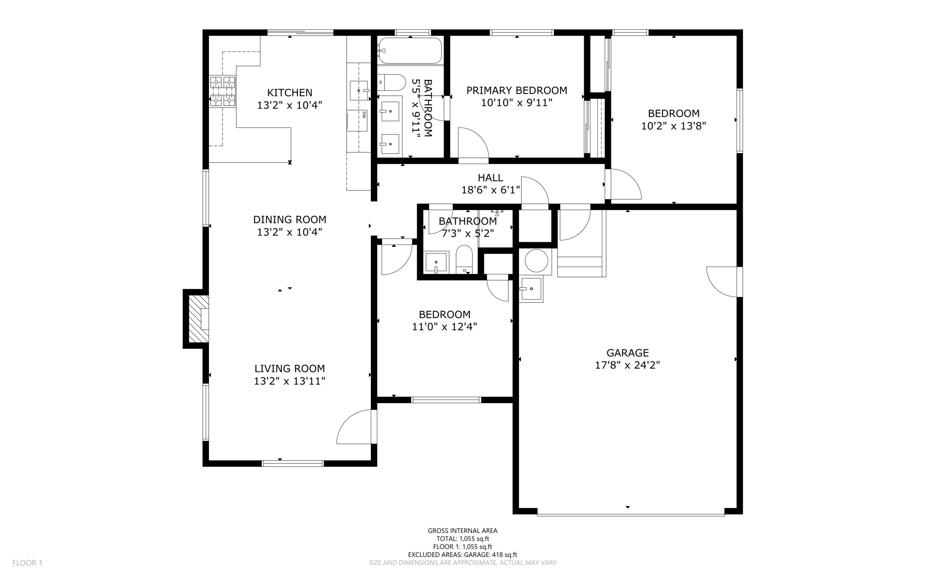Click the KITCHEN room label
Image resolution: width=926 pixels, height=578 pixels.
289,93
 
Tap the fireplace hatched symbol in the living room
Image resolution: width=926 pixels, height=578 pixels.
198,319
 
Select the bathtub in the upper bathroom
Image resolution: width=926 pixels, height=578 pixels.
410,51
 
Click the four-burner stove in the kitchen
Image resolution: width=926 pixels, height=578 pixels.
223,91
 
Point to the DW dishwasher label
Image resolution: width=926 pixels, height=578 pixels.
364,115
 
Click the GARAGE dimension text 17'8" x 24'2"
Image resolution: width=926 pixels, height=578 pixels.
627,365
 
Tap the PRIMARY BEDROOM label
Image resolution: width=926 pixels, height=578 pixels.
516,90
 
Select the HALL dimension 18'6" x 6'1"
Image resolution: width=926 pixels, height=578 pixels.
490,190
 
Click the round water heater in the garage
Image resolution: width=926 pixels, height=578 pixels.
537,261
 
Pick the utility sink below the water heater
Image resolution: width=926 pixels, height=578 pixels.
531,289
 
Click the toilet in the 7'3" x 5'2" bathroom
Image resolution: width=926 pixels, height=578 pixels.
464,260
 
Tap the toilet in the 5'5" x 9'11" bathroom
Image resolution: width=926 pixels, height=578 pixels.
392,83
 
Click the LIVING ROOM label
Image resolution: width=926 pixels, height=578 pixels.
289,368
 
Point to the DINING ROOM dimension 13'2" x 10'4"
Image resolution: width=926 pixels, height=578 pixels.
289,232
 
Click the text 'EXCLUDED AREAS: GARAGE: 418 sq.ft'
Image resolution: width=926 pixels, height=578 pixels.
462,555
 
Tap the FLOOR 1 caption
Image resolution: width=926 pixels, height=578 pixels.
27,563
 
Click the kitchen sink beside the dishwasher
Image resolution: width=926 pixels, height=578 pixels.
359,91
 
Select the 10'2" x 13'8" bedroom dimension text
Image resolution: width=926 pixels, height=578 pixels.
673,126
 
